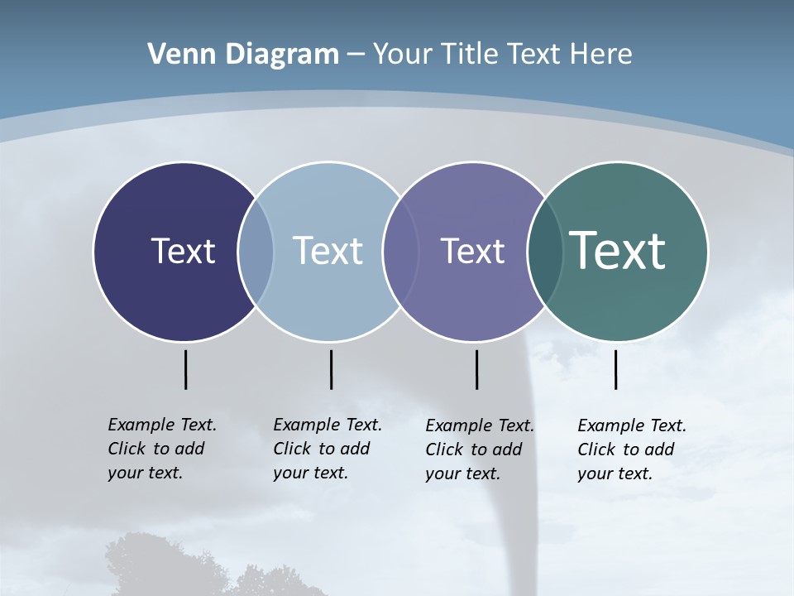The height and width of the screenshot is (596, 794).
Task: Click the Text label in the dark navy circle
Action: (183, 251)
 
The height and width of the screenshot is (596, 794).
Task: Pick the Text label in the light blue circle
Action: (328, 251)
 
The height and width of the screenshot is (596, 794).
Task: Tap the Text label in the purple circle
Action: (472, 251)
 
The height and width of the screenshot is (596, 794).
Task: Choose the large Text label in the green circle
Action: (618, 251)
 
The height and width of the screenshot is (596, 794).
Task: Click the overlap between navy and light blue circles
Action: (256, 252)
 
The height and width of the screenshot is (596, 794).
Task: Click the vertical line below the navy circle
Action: (185, 369)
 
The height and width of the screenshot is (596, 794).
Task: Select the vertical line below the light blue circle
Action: (331, 369)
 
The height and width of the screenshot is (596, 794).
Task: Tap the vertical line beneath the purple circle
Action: (476, 369)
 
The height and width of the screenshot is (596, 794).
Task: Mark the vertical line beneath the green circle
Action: (615, 369)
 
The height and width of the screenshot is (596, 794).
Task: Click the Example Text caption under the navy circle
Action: (161, 449)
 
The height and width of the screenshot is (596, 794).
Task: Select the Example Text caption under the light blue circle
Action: (327, 449)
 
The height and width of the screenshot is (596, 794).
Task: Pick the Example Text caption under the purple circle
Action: (479, 449)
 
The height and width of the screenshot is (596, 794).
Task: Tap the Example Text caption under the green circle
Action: (631, 449)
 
